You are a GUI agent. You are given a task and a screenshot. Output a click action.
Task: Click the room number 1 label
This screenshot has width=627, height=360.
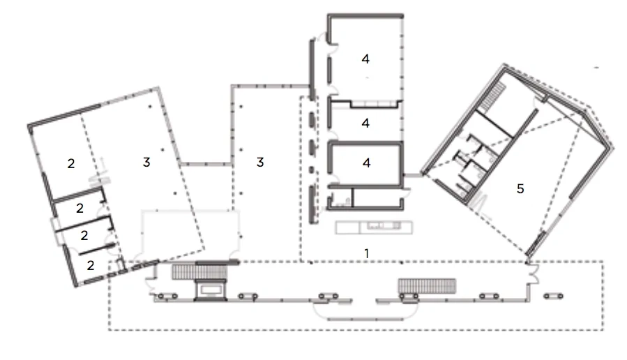[366, 253]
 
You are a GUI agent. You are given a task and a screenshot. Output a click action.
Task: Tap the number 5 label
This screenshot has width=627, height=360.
[520, 188]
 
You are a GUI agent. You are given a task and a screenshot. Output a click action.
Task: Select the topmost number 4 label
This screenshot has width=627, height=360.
[365, 59]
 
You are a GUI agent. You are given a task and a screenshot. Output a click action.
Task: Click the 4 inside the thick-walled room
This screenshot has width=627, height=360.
[366, 163]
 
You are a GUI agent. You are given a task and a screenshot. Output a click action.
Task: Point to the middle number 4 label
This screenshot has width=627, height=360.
[365, 123]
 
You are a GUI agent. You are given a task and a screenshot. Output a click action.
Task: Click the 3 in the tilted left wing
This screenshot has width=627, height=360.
[146, 162]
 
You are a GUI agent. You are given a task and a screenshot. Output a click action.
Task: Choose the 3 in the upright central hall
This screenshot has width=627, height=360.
[260, 162]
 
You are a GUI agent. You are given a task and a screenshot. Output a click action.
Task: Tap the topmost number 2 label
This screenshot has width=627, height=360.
[71, 163]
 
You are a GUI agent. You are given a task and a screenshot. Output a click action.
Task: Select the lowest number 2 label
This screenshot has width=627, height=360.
[91, 265]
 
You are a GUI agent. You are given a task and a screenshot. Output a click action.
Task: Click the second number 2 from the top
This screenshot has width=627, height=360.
[80, 208]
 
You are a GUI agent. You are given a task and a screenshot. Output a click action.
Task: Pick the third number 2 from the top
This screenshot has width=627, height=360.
[84, 235]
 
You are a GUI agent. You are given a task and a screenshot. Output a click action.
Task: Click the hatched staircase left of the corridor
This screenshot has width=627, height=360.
[199, 272]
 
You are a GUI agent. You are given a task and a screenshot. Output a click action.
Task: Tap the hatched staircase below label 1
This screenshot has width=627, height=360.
[427, 286]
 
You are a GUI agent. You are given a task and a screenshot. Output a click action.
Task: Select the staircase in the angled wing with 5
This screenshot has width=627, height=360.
[492, 96]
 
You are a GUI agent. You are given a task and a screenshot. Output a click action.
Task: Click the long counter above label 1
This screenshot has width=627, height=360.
[374, 227]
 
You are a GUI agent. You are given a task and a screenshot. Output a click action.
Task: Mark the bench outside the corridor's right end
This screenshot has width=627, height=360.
[554, 296]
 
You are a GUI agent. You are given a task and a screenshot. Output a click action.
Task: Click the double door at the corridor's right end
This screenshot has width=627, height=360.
[534, 273]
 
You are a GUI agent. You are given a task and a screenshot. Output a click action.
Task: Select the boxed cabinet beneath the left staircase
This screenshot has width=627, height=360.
[211, 290]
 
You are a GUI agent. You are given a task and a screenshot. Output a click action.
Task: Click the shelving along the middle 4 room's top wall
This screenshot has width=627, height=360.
[376, 104]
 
